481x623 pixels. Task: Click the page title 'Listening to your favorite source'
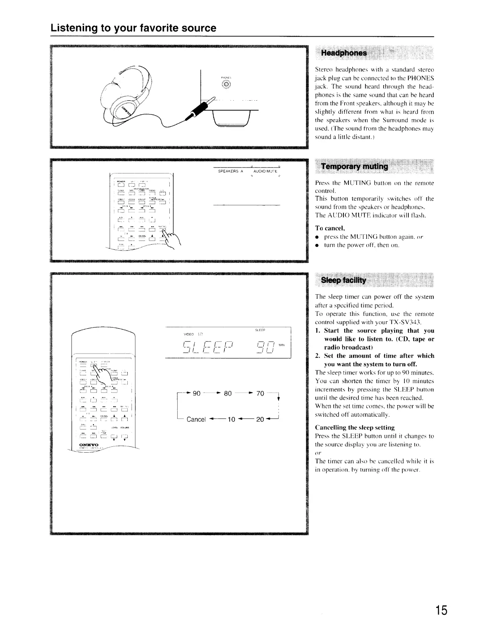133,28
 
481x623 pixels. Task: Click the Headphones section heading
344,53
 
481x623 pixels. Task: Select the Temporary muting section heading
354,166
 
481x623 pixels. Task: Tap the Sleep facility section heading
343,280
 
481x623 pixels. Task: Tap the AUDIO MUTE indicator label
265,171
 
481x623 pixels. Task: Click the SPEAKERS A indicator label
231,171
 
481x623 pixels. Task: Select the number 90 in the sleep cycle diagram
196,393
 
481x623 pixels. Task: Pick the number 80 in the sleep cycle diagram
228,393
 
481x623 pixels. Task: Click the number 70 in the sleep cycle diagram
260,393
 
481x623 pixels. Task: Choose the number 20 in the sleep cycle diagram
260,419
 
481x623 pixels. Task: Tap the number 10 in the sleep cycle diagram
231,419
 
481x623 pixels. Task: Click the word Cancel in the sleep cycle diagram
196,419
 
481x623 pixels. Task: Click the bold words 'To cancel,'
330,228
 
